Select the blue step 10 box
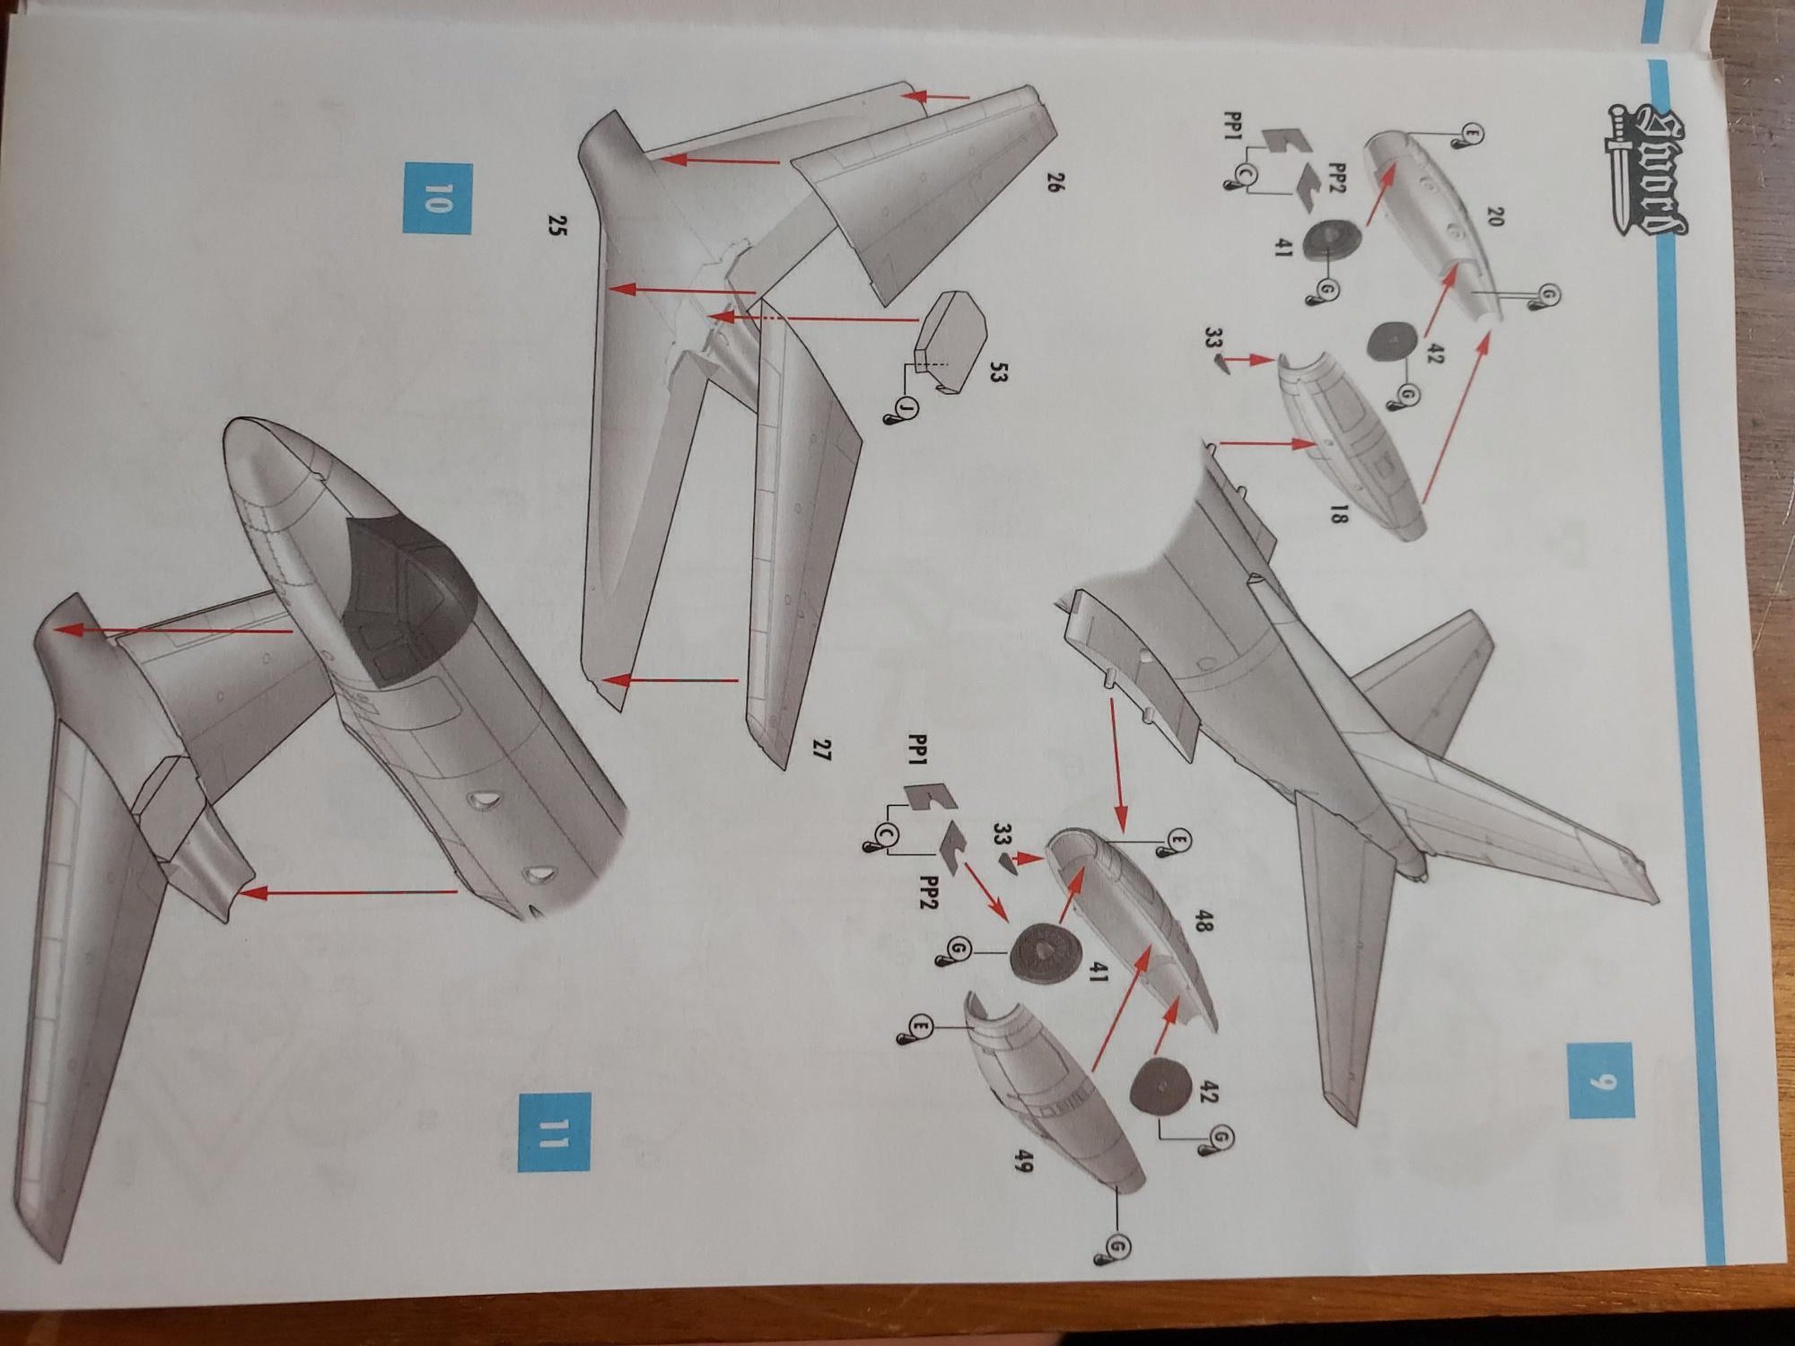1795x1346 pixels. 437,198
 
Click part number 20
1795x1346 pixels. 1493,216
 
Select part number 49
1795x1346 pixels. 1025,1164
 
